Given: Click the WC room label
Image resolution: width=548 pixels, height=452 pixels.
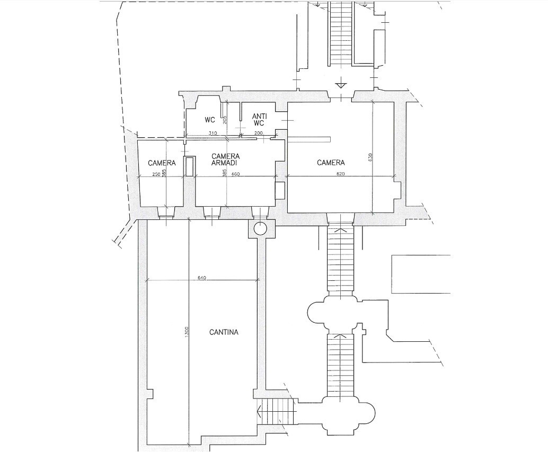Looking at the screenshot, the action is pyautogui.click(x=210, y=120).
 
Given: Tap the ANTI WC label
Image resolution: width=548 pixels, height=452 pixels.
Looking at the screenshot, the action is pyautogui.click(x=259, y=120).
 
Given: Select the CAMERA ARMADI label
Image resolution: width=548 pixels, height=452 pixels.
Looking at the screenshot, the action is pyautogui.click(x=225, y=159).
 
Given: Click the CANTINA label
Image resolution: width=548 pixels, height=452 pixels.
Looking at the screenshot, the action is pyautogui.click(x=224, y=332).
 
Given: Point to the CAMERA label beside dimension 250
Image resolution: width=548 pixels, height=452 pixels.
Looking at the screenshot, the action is pyautogui.click(x=162, y=163).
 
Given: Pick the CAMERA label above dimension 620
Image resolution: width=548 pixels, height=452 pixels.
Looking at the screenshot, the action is pyautogui.click(x=331, y=163).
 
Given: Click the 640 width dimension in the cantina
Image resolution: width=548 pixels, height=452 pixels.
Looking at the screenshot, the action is pyautogui.click(x=202, y=278).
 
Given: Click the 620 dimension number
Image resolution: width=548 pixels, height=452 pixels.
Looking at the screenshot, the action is pyautogui.click(x=341, y=174).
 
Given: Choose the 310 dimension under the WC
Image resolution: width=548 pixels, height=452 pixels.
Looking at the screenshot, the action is pyautogui.click(x=213, y=133).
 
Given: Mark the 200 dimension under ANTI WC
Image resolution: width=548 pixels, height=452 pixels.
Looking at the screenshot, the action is pyautogui.click(x=258, y=133).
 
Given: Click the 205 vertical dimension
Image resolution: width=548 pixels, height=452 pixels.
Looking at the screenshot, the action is pyautogui.click(x=225, y=120).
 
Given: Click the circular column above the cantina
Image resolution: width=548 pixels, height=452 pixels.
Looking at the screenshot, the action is pyautogui.click(x=260, y=229).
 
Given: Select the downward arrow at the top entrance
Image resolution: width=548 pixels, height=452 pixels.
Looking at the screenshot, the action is pyautogui.click(x=340, y=85).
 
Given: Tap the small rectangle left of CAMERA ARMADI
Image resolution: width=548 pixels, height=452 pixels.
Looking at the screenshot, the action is pyautogui.click(x=189, y=166).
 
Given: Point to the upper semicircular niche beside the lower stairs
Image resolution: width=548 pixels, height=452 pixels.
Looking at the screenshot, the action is pyautogui.click(x=315, y=312).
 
